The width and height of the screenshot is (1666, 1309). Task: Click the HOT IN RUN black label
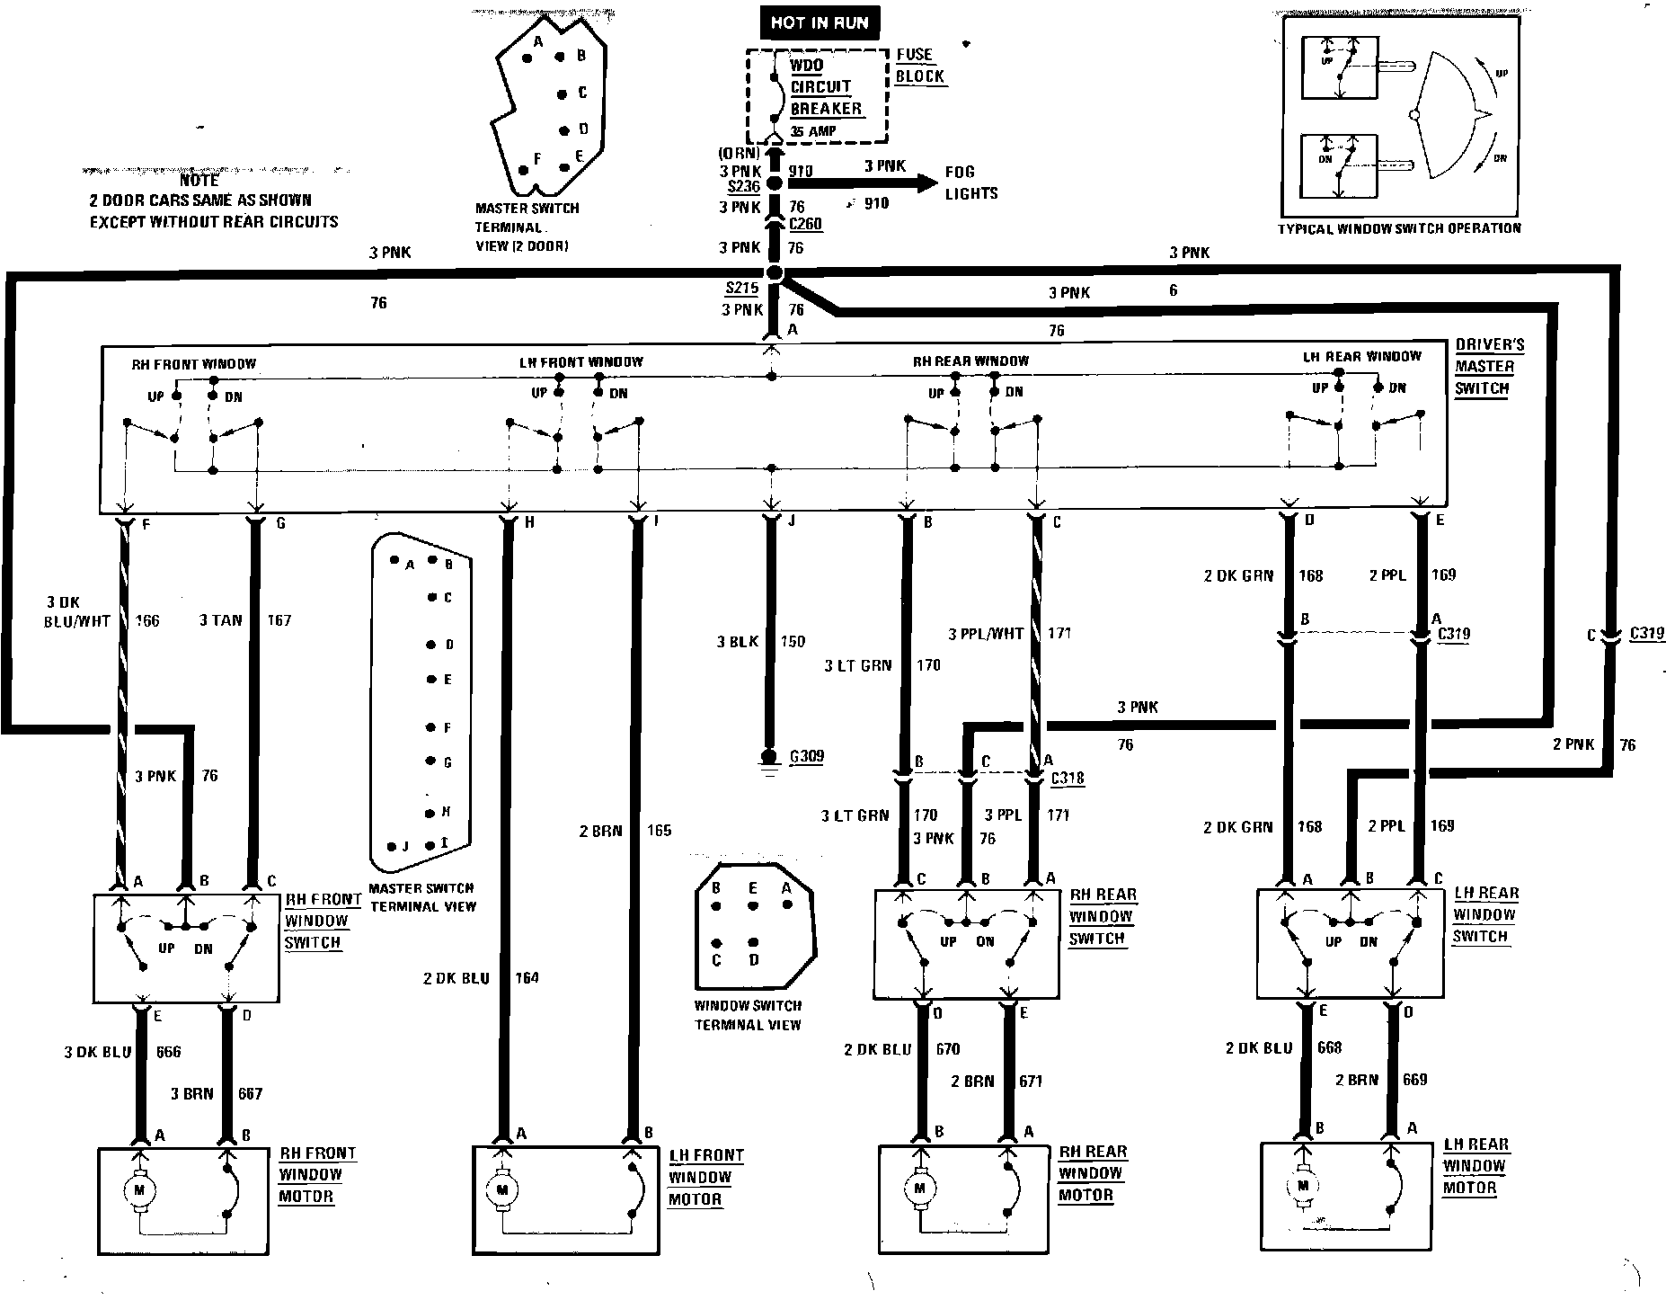click(820, 22)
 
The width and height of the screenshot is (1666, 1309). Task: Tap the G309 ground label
click(806, 757)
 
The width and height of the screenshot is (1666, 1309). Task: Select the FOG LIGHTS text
click(970, 183)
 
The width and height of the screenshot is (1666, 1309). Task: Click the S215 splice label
click(742, 289)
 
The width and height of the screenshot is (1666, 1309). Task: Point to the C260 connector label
click(806, 225)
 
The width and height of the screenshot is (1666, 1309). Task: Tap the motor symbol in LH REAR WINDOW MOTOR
click(1302, 1187)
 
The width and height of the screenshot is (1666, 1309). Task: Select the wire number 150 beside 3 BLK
click(793, 641)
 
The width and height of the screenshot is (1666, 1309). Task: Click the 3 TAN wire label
click(220, 620)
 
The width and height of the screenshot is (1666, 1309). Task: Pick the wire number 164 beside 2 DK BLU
click(527, 977)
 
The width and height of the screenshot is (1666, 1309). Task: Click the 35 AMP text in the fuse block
click(812, 131)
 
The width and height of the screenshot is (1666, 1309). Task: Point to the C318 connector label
click(1068, 778)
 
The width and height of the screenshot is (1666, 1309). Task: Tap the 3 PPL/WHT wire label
click(986, 634)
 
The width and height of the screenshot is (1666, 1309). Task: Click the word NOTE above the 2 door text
click(199, 182)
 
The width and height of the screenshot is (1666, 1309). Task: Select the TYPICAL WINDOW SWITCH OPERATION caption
click(1399, 228)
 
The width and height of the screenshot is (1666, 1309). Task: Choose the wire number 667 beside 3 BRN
click(250, 1093)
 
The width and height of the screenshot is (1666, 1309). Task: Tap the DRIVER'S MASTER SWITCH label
click(1484, 367)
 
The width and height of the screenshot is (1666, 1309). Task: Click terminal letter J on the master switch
click(792, 521)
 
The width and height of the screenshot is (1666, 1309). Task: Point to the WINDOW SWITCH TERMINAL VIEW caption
click(747, 1015)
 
